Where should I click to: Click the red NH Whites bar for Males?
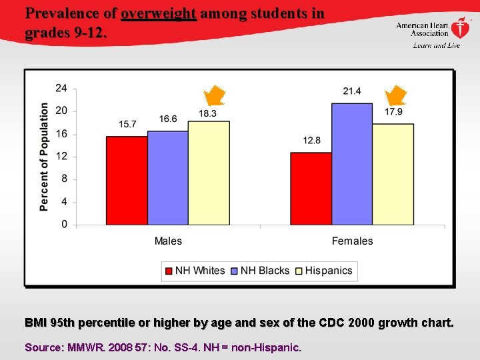(x=127, y=180)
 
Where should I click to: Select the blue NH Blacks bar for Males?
(x=168, y=177)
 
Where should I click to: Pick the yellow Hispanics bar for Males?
(x=209, y=173)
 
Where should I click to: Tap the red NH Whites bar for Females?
(x=311, y=188)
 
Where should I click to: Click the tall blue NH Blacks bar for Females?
(x=352, y=164)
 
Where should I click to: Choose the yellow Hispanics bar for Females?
(x=393, y=174)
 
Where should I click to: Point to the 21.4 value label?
(x=352, y=91)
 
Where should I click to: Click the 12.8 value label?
(x=311, y=140)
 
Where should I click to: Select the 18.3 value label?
(x=207, y=113)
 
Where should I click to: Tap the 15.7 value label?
(x=128, y=124)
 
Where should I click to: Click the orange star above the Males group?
(x=214, y=96)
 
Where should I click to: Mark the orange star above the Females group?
(x=397, y=96)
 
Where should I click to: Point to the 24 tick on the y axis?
(x=61, y=88)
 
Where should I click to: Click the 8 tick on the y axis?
(x=64, y=179)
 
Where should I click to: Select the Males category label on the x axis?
(x=168, y=241)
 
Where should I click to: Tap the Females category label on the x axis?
(x=352, y=241)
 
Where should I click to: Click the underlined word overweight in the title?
(x=159, y=13)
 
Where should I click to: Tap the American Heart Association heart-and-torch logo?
(x=460, y=28)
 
